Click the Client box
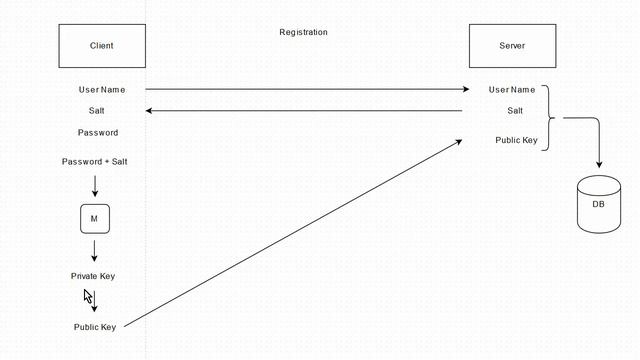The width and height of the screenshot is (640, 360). [x=102, y=46]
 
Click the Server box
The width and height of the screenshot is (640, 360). [x=512, y=46]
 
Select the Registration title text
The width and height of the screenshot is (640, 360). [x=303, y=32]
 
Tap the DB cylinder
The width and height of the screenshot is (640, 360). [x=599, y=204]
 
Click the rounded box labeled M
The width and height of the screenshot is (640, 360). [x=95, y=219]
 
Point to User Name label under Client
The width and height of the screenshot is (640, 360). [x=102, y=90]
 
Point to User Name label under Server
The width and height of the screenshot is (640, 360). [x=512, y=90]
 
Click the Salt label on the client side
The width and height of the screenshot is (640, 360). [x=96, y=111]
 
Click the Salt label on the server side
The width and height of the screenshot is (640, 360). [x=515, y=111]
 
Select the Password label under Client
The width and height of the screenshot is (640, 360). [x=98, y=133]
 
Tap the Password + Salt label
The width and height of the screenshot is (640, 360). [x=94, y=162]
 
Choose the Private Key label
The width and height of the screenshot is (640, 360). [x=93, y=276]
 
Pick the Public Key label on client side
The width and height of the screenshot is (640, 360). [x=95, y=327]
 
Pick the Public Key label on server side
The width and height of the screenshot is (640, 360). [x=516, y=140]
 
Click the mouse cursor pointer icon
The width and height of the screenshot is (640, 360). [x=88, y=296]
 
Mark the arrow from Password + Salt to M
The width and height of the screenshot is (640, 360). [x=95, y=186]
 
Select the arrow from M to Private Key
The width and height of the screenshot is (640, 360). [x=94, y=251]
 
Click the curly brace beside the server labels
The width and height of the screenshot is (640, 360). [x=549, y=118]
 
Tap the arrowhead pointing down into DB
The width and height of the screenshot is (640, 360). [x=599, y=164]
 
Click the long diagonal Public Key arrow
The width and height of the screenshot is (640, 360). [x=293, y=233]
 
